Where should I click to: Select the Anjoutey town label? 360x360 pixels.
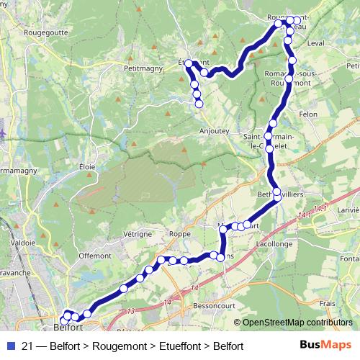[x=215, y=132]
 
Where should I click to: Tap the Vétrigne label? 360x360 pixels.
[x=137, y=234]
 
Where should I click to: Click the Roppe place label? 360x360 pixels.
[x=180, y=234]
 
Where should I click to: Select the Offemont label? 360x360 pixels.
[x=95, y=255]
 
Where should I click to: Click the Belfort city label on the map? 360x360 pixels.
[x=71, y=327]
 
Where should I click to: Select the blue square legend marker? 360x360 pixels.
[x=8, y=346]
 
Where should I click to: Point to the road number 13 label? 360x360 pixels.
[x=130, y=311]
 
